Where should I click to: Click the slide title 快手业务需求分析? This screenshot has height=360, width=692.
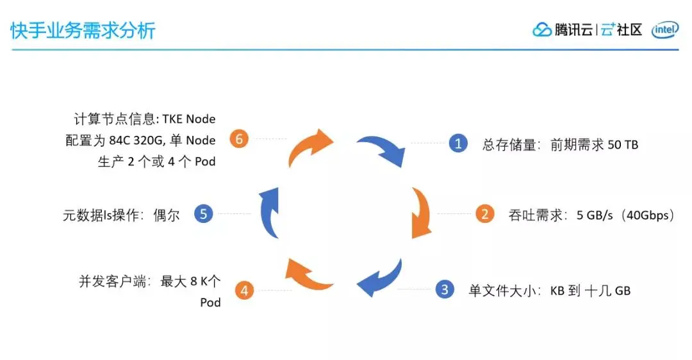83,30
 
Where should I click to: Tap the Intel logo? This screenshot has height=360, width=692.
664,30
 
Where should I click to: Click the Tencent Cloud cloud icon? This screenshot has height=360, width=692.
542,30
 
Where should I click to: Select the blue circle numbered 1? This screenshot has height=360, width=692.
457,143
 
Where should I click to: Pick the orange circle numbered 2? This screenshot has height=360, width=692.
484,214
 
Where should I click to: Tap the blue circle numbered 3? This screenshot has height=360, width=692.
445,290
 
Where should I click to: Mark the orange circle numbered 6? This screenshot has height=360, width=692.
239,138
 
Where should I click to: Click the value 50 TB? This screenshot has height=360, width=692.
623,145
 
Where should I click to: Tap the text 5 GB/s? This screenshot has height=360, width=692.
595,215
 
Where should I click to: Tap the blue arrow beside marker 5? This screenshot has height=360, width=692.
269,211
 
